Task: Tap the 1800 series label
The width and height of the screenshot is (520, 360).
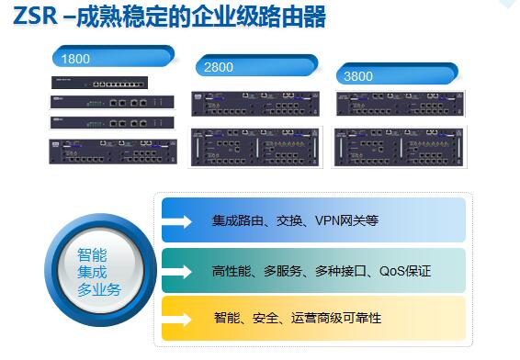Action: click(x=76, y=59)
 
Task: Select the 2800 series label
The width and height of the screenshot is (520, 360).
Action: click(x=220, y=68)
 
